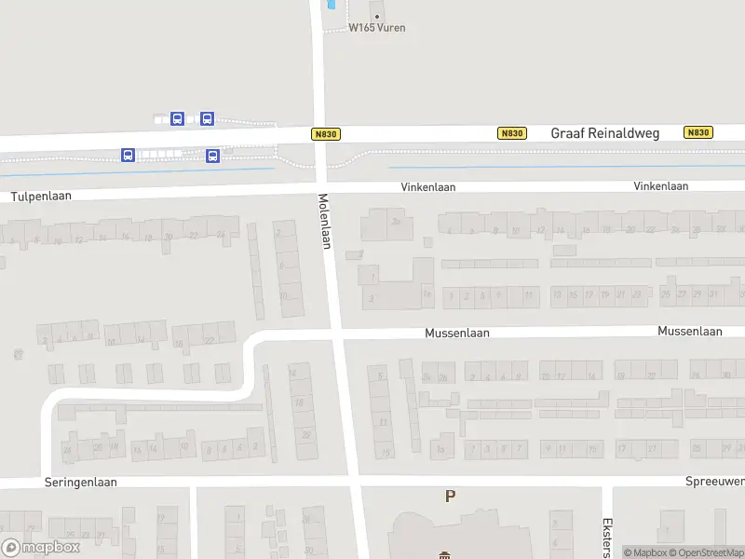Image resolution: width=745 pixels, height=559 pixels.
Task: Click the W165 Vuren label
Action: pyautogui.click(x=377, y=28)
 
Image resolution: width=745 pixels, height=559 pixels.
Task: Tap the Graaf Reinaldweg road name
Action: pyautogui.click(x=604, y=133)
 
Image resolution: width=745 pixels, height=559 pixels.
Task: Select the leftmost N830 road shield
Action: pyautogui.click(x=325, y=134)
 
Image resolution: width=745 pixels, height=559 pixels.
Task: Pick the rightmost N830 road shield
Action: pyautogui.click(x=698, y=133)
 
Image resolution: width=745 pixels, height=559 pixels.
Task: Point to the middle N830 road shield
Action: pyautogui.click(x=511, y=133)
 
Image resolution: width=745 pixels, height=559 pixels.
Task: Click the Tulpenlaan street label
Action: pyautogui.click(x=41, y=197)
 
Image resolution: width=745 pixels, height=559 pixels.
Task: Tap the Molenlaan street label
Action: pyautogui.click(x=326, y=222)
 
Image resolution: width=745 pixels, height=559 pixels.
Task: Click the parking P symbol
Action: pyautogui.click(x=451, y=497)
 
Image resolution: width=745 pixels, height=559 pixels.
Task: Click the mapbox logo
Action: pyautogui.click(x=40, y=548)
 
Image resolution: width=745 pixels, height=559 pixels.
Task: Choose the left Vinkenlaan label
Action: pyautogui.click(x=428, y=187)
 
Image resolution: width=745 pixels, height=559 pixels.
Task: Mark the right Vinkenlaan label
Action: pyautogui.click(x=661, y=186)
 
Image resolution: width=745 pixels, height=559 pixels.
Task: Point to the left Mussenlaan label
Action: pyautogui.click(x=457, y=333)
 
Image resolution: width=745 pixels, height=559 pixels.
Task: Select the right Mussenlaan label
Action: pyautogui.click(x=690, y=331)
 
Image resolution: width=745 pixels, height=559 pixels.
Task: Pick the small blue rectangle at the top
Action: pyautogui.click(x=332, y=5)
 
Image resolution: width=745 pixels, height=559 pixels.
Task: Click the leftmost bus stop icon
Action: pyautogui.click(x=128, y=155)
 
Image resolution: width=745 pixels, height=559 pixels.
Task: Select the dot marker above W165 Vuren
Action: pyautogui.click(x=377, y=16)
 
